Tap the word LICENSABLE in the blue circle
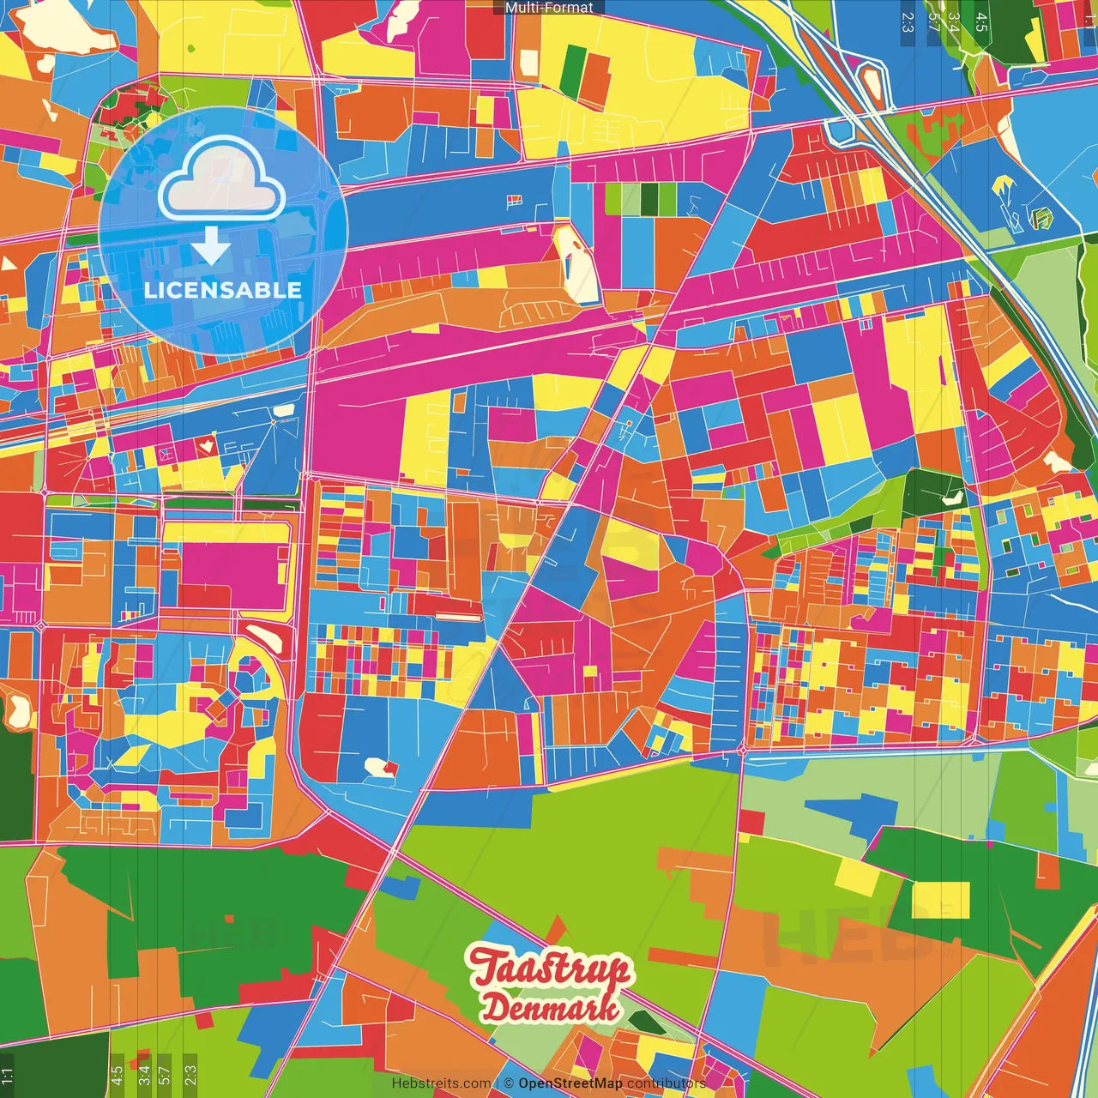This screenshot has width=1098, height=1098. click(x=223, y=290)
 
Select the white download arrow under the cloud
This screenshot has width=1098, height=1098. click(x=210, y=246)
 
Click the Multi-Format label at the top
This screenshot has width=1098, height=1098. click(x=549, y=8)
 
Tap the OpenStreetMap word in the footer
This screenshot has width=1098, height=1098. click(x=570, y=1083)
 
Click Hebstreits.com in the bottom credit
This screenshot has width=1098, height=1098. click(x=441, y=1083)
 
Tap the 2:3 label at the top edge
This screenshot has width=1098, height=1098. click(x=907, y=21)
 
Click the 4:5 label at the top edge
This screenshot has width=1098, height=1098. click(x=980, y=21)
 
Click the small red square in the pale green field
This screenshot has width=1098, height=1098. click(x=751, y=822)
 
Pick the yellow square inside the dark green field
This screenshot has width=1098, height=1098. click(x=940, y=900)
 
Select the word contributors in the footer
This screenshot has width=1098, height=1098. click(x=666, y=1083)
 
